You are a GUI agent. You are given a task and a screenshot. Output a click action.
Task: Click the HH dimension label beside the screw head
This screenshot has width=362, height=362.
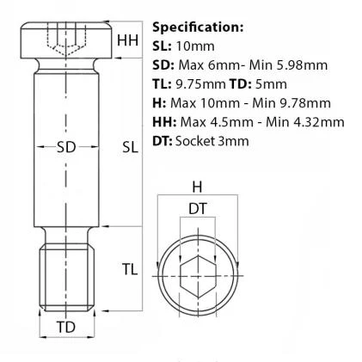(127, 40)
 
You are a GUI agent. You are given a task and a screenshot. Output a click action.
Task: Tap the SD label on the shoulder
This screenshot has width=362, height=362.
(66, 147)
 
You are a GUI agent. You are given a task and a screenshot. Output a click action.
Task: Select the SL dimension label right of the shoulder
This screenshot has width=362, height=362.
(131, 147)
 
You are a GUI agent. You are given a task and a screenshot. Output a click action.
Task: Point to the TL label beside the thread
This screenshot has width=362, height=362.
(130, 269)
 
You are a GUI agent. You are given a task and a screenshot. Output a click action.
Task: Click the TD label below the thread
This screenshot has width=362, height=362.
(66, 327)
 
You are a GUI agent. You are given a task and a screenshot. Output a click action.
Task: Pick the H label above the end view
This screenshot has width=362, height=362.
(197, 187)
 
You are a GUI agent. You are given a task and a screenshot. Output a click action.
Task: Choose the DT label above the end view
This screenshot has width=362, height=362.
(198, 209)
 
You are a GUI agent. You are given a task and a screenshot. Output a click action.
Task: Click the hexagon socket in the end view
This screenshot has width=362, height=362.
(198, 276)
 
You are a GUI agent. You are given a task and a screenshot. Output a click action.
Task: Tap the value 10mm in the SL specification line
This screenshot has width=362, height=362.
(195, 46)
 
